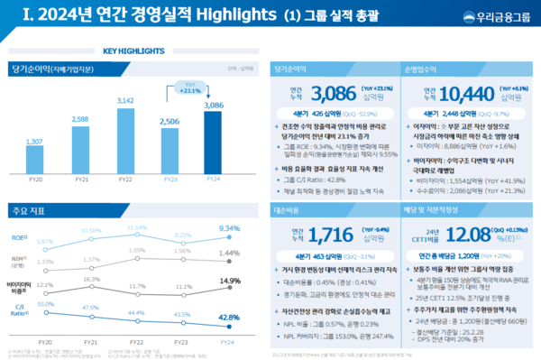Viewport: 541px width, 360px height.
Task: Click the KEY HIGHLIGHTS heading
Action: click(x=134, y=51)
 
